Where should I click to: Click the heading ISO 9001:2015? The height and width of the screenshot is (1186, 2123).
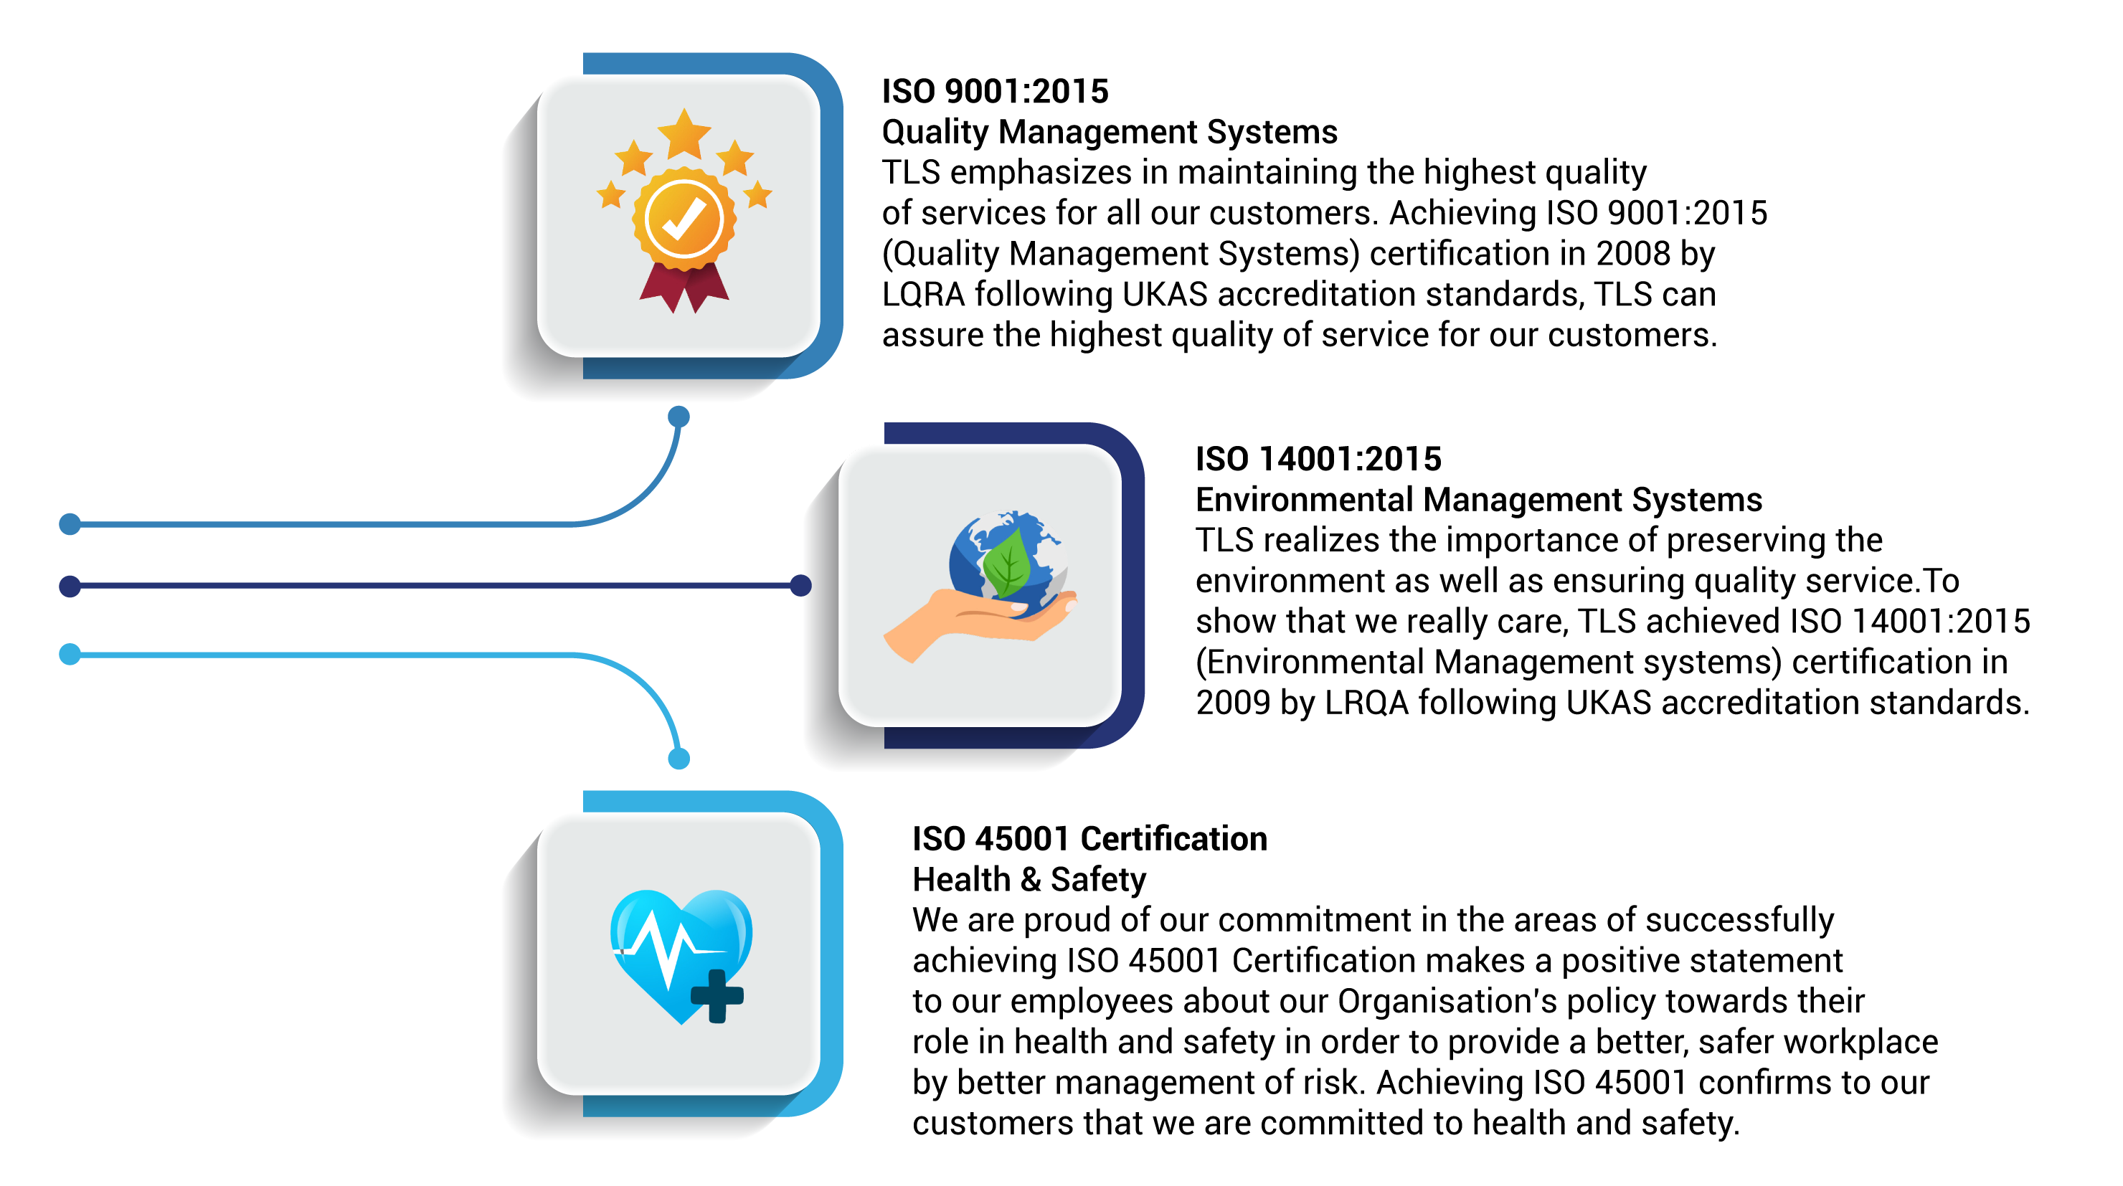[995, 92]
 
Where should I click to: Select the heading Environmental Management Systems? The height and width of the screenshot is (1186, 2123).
[1478, 501]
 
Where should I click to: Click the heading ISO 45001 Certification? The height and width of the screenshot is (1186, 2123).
[1089, 839]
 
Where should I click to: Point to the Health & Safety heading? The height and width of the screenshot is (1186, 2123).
[1029, 881]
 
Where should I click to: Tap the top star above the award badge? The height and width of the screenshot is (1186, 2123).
[684, 133]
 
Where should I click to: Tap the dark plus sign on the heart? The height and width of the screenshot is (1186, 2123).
[717, 995]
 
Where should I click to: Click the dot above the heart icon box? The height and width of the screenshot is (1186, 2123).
[678, 758]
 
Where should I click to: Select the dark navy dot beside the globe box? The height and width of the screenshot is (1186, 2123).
[800, 586]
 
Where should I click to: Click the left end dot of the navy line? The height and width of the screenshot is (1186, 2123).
[70, 586]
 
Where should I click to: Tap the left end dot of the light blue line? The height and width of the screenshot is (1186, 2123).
[70, 655]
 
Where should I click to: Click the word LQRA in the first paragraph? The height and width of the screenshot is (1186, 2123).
[923, 295]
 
